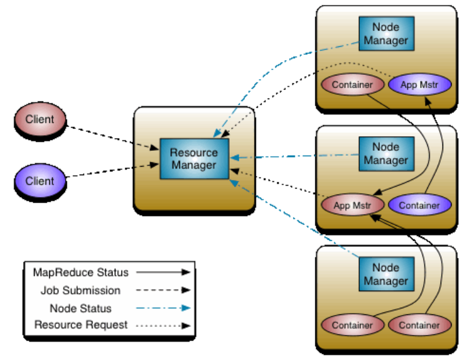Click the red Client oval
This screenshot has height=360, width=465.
tap(40, 119)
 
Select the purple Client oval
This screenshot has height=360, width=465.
tap(40, 181)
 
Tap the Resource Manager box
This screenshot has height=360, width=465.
tap(193, 158)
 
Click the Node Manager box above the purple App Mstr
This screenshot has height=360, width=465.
tap(385, 34)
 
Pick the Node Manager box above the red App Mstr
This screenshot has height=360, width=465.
tap(385, 153)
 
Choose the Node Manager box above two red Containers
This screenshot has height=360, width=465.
tap(385, 274)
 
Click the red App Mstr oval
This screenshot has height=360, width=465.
tap(352, 205)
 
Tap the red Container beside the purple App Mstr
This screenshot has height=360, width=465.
tap(352, 85)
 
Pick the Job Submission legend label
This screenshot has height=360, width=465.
tap(80, 290)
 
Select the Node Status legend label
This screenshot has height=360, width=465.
tap(80, 308)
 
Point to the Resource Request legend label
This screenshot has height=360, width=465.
tap(81, 325)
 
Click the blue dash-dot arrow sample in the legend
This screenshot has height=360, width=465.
tap(163, 308)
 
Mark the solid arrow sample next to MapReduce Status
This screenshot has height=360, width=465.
tap(163, 272)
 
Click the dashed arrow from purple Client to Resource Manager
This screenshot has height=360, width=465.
tap(109, 170)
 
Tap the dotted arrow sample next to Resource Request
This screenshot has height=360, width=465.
tap(163, 325)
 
